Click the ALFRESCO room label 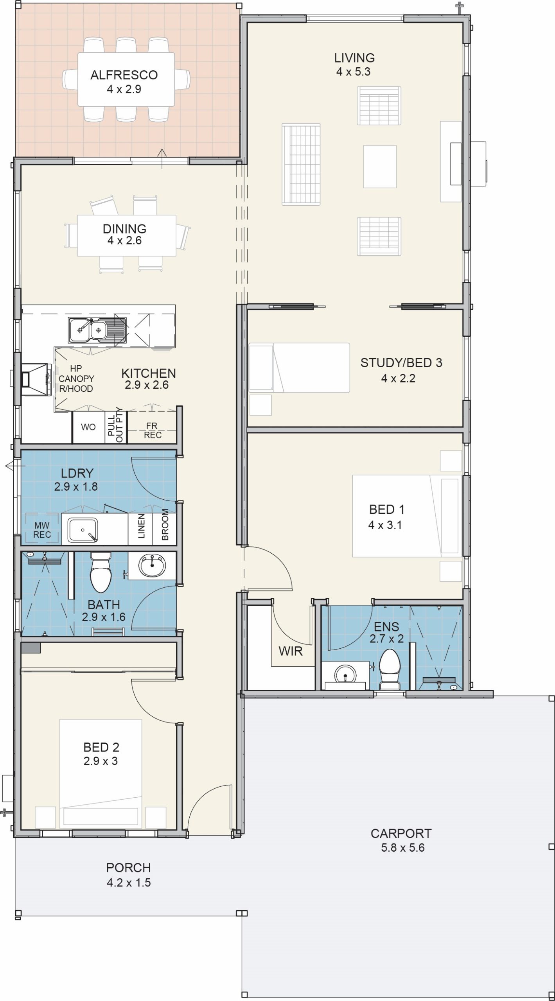(x=124, y=75)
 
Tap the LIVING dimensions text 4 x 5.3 (x=353, y=72)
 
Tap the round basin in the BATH (x=153, y=566)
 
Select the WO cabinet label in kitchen (x=88, y=427)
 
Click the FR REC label (x=153, y=430)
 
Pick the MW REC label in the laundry (x=42, y=530)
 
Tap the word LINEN (x=142, y=526)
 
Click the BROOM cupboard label (x=165, y=524)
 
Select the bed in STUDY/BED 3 (x=299, y=368)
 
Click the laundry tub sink (x=83, y=530)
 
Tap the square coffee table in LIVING (x=380, y=167)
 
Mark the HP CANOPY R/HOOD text (x=76, y=379)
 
